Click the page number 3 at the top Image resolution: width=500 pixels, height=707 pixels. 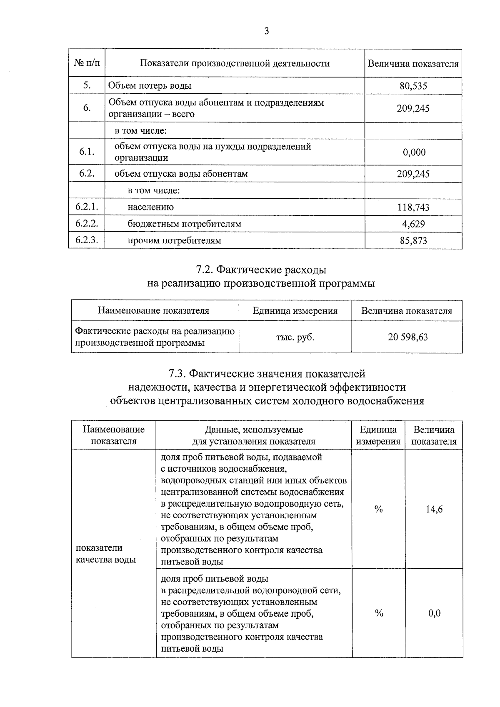click(x=266, y=31)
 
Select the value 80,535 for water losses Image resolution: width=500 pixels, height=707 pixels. click(x=413, y=86)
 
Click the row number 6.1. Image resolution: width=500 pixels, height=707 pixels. click(x=86, y=152)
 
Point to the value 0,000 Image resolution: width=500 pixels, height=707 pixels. click(x=414, y=152)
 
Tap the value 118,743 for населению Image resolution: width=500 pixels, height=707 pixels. click(x=413, y=207)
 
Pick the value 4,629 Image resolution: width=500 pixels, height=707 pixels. click(x=413, y=224)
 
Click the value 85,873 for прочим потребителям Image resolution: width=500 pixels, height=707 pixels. click(x=413, y=240)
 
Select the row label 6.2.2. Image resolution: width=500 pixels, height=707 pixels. click(x=86, y=224)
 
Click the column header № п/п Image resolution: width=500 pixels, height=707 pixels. click(x=87, y=63)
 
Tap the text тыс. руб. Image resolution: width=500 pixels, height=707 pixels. click(x=295, y=337)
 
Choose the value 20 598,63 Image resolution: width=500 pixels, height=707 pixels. click(x=407, y=337)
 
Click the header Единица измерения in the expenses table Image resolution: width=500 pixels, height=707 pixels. click(x=295, y=311)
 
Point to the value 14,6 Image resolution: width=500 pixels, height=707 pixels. click(x=434, y=509)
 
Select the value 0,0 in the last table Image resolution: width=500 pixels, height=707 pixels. click(x=434, y=613)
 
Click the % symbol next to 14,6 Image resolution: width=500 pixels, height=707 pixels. click(x=378, y=509)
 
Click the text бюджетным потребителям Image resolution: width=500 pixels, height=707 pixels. click(x=184, y=224)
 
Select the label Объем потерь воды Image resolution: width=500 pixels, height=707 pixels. click(x=150, y=86)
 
